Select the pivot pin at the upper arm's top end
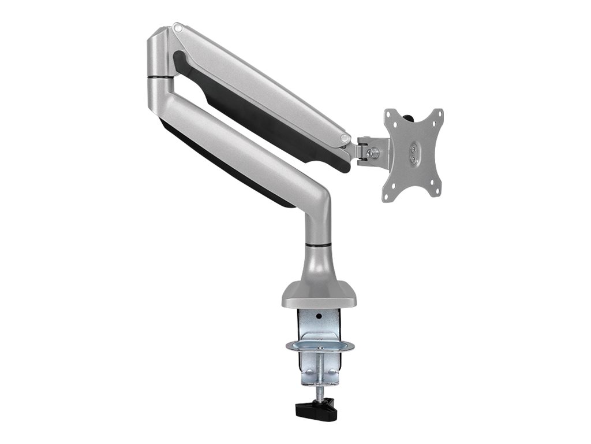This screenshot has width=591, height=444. (178, 27)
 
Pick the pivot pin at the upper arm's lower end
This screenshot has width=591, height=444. (345, 138)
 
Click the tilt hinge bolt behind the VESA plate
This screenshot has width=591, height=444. (374, 152)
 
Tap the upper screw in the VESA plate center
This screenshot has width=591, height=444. (413, 147)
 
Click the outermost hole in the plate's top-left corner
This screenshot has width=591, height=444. (390, 114)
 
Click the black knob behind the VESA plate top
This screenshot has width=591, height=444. (410, 119)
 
